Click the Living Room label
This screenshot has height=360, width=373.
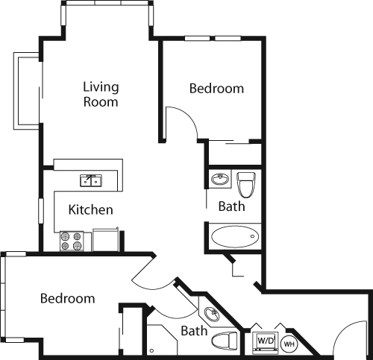pos(101,95)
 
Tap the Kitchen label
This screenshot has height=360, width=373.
pos(91,210)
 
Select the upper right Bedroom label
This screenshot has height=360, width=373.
pos(216,89)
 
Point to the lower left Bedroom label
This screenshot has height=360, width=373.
pos(67,299)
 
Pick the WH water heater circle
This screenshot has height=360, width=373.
pos(289,344)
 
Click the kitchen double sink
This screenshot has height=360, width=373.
pos(92,180)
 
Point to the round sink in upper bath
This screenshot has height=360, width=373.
pos(220,180)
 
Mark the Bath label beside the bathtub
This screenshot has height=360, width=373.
pos(231,206)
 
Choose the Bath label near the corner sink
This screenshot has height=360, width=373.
pos(194,331)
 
